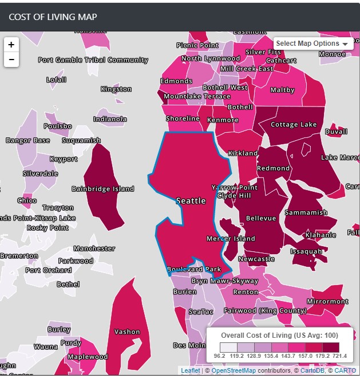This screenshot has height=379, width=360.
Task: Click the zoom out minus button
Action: [11, 60]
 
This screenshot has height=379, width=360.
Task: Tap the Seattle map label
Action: [191, 201]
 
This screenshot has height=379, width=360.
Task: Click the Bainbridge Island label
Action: [103, 189]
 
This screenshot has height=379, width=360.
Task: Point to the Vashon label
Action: [127, 331]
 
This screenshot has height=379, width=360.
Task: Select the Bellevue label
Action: [261, 218]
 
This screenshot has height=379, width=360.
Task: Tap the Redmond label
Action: [274, 168]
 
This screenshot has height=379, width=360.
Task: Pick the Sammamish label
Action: [306, 212]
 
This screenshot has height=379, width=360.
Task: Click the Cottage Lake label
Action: [294, 125]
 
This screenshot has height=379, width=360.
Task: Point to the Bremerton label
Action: [18, 256]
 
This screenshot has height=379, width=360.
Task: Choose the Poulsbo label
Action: [58, 127]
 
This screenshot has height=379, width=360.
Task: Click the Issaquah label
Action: [306, 251]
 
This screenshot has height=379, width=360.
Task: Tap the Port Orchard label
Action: [49, 270]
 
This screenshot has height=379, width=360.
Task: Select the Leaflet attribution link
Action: [191, 371]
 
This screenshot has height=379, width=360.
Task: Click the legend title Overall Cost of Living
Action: [280, 335]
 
